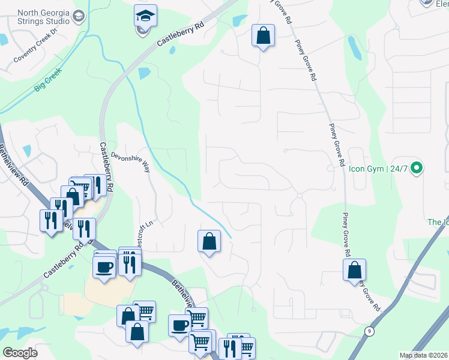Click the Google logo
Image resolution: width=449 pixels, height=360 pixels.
click(20, 353)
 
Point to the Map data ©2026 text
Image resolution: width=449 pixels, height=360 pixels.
click(423, 355)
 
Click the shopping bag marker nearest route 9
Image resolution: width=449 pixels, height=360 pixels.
click(355, 270)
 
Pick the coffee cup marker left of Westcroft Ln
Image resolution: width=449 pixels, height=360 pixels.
click(104, 265)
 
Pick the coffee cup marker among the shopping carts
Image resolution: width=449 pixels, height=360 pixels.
click(179, 326)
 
